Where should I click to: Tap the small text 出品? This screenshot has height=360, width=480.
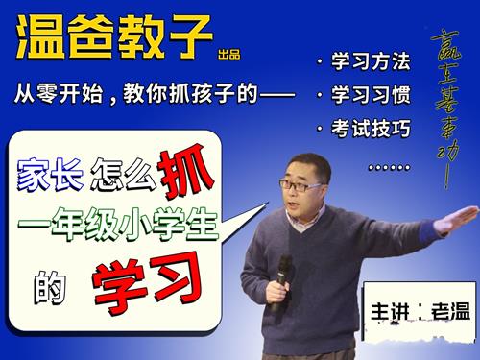point(228,54)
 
